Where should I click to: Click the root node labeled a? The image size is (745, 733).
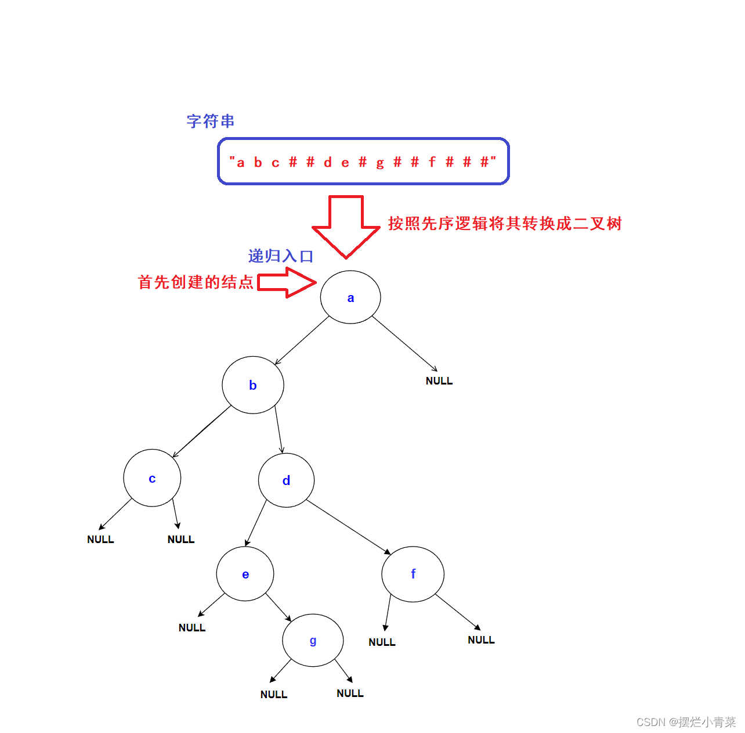coord(350,297)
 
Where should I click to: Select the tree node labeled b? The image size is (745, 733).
coord(253,385)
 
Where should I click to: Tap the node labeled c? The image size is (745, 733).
coord(152,478)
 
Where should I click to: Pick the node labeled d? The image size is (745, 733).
coord(286,480)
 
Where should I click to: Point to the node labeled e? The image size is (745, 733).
coord(245,574)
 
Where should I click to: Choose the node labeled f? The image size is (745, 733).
coord(413,574)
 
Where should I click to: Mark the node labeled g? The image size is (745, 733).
coord(313,641)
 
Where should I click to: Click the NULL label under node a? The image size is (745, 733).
coord(439,381)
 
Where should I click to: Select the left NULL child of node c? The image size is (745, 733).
coord(100,540)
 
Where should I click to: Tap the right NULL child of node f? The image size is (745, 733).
coord(481,640)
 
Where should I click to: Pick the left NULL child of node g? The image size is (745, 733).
coord(274,695)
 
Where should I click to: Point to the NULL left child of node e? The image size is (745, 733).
coord(192,628)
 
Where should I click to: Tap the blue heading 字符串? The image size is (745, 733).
coord(211,121)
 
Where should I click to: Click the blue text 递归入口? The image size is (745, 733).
coord(281,256)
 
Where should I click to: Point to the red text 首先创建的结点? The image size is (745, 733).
coord(196,282)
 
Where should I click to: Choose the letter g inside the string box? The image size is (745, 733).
coord(380,163)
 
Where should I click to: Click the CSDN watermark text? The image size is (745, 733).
coord(686,722)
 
